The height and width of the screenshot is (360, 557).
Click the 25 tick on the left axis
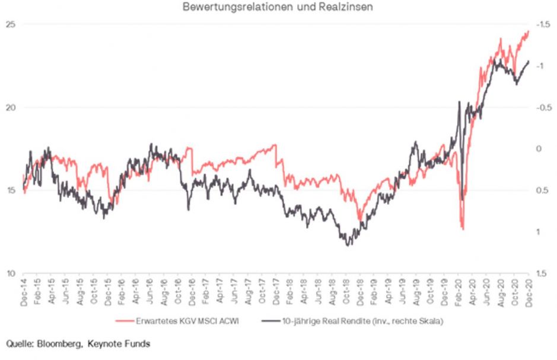(10, 24)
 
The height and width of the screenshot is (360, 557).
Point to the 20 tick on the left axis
(10, 107)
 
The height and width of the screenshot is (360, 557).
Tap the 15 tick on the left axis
(10, 190)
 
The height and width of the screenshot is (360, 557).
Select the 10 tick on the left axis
(10, 273)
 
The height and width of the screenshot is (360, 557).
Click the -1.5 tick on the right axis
(543, 24)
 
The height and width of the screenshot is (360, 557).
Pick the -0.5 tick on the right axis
(543, 107)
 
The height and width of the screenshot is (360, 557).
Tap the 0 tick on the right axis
(540, 149)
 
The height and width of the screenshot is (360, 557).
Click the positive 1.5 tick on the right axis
(542, 273)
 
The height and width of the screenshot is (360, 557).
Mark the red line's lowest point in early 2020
(462, 230)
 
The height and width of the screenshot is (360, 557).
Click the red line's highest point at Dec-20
(527, 31)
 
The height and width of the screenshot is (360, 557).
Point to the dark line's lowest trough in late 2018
(348, 244)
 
